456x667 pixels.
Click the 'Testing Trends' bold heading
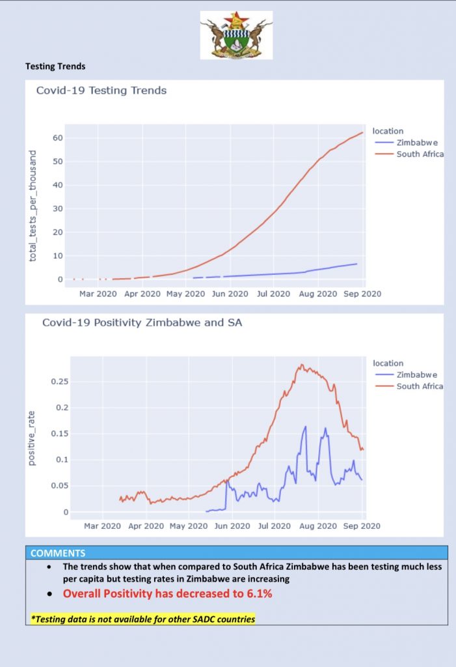pyautogui.click(x=55, y=66)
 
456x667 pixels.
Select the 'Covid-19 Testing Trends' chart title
pyautogui.click(x=101, y=91)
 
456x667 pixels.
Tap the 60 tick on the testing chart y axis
pyautogui.click(x=57, y=138)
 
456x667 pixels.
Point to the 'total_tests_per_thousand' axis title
pyautogui.click(x=33, y=206)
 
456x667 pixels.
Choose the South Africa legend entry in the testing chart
pyautogui.click(x=420, y=154)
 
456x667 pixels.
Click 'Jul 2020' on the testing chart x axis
pyautogui.click(x=273, y=294)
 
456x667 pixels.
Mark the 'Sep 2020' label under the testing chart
pyautogui.click(x=362, y=294)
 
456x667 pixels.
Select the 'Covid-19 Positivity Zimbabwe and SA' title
pyautogui.click(x=142, y=322)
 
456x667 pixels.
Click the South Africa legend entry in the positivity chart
pyautogui.click(x=420, y=386)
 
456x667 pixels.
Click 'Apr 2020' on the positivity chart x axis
pyautogui.click(x=145, y=526)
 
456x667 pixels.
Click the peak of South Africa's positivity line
pyautogui.click(x=301, y=365)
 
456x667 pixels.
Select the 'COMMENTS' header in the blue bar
pyautogui.click(x=58, y=554)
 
